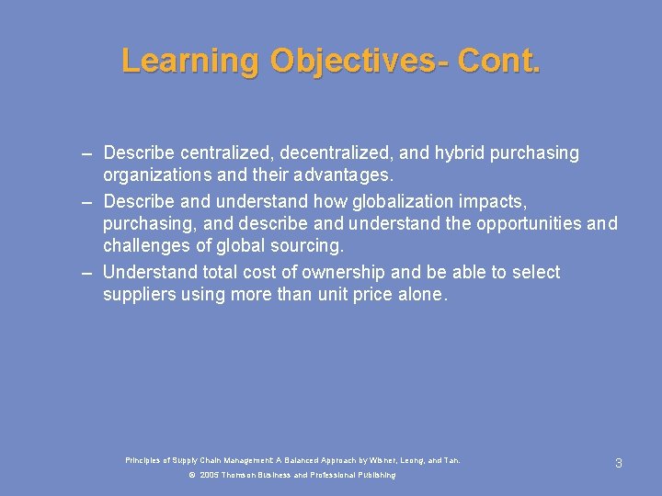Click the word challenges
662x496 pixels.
(x=146, y=245)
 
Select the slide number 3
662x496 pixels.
(x=619, y=463)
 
